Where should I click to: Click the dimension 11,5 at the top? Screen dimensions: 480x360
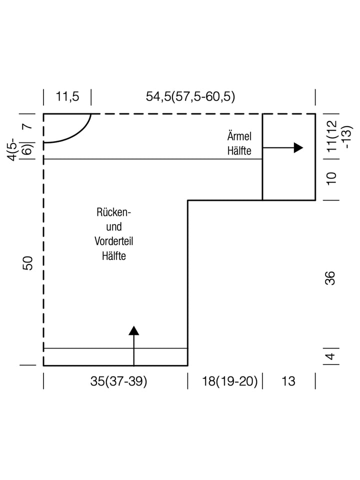[x=67, y=96]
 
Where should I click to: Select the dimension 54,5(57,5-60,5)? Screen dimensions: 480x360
[x=190, y=96]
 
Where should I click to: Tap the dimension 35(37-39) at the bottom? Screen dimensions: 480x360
[x=119, y=381]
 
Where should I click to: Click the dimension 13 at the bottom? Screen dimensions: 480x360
[x=288, y=381]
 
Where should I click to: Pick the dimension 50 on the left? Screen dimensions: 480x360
[x=28, y=263]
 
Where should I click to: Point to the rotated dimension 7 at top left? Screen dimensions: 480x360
[x=28, y=125]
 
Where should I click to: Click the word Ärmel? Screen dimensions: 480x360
[x=238, y=136]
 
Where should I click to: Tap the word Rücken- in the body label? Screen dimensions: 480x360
[x=113, y=212]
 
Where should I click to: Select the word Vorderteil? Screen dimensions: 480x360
[x=113, y=241]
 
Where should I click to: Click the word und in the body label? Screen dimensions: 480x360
[x=114, y=227]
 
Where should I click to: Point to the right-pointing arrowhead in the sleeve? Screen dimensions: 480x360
[x=298, y=147]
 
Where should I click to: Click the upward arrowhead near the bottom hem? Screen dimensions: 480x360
[x=133, y=330]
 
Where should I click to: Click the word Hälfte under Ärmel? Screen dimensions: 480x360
[x=238, y=150]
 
